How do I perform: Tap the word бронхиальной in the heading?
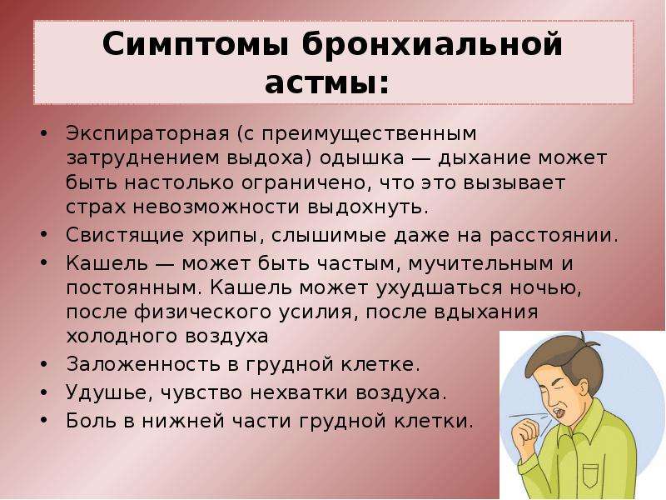(432, 44)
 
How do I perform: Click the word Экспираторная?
(147, 134)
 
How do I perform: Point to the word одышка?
(362, 158)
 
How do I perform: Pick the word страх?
(96, 207)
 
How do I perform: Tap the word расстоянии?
(550, 236)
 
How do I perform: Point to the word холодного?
(122, 337)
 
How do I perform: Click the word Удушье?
(109, 392)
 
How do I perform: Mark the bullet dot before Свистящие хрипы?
(43, 236)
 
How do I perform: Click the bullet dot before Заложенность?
(43, 365)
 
